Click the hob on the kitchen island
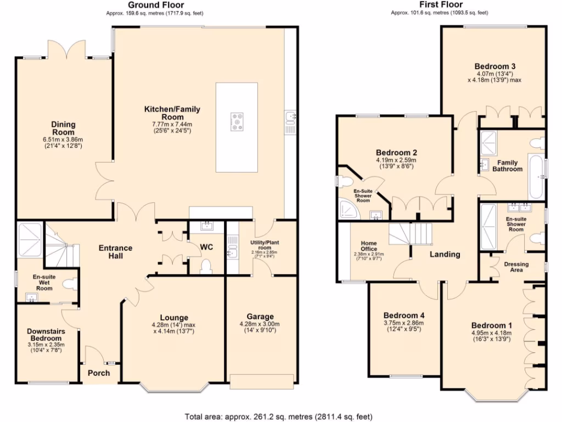click(x=237, y=121)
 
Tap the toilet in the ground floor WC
click(x=206, y=266)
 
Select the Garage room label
click(x=260, y=316)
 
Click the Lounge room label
click(x=174, y=318)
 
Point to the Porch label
click(x=99, y=373)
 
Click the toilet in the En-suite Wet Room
click(x=70, y=285)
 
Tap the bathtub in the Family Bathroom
click(x=536, y=176)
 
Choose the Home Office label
click(x=369, y=246)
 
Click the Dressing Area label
click(x=516, y=267)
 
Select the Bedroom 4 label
click(x=404, y=315)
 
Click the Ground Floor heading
click(x=156, y=5)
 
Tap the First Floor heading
click(x=441, y=4)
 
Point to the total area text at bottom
click(x=278, y=417)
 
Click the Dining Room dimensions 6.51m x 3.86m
click(x=63, y=140)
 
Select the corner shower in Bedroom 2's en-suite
click(x=349, y=209)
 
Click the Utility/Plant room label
click(x=265, y=245)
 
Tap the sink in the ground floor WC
click(x=207, y=226)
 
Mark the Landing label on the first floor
click(x=445, y=254)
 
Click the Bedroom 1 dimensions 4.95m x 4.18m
click(x=491, y=333)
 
